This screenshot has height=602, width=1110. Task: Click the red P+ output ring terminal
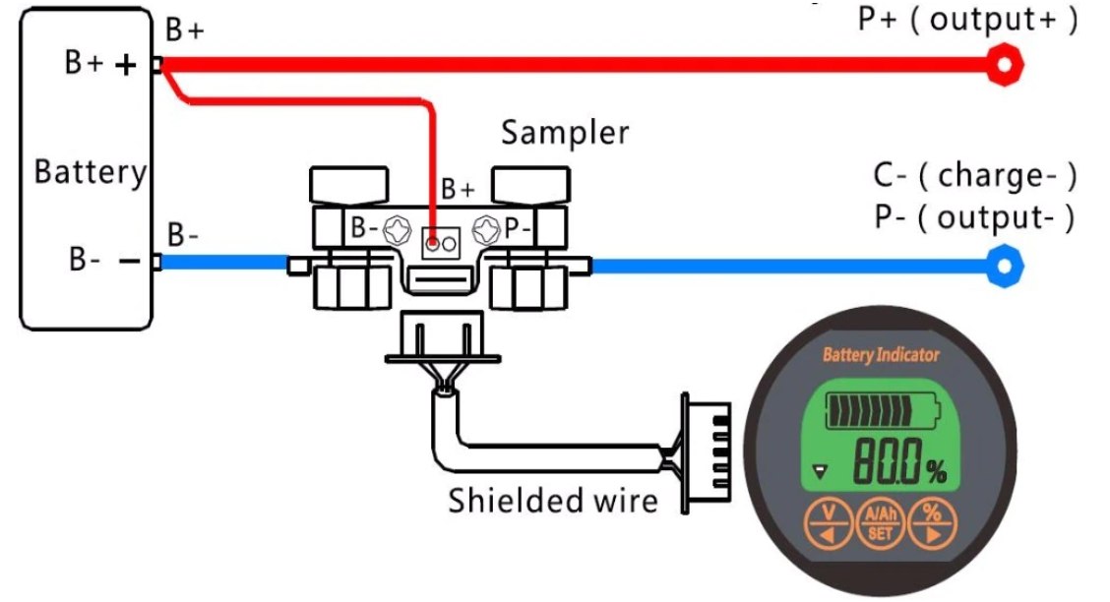1005,65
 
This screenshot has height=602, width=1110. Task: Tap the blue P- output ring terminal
1005,265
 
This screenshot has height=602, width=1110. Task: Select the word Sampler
564,133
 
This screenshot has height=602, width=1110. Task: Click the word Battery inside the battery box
90,172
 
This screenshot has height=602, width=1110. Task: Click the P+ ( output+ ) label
967,21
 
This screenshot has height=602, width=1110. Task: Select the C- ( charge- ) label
974,176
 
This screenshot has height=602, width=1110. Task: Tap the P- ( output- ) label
973,217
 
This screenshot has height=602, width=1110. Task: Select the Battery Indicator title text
880,355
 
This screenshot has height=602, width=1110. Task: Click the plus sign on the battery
125,65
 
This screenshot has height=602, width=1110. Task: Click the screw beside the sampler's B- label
396,230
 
